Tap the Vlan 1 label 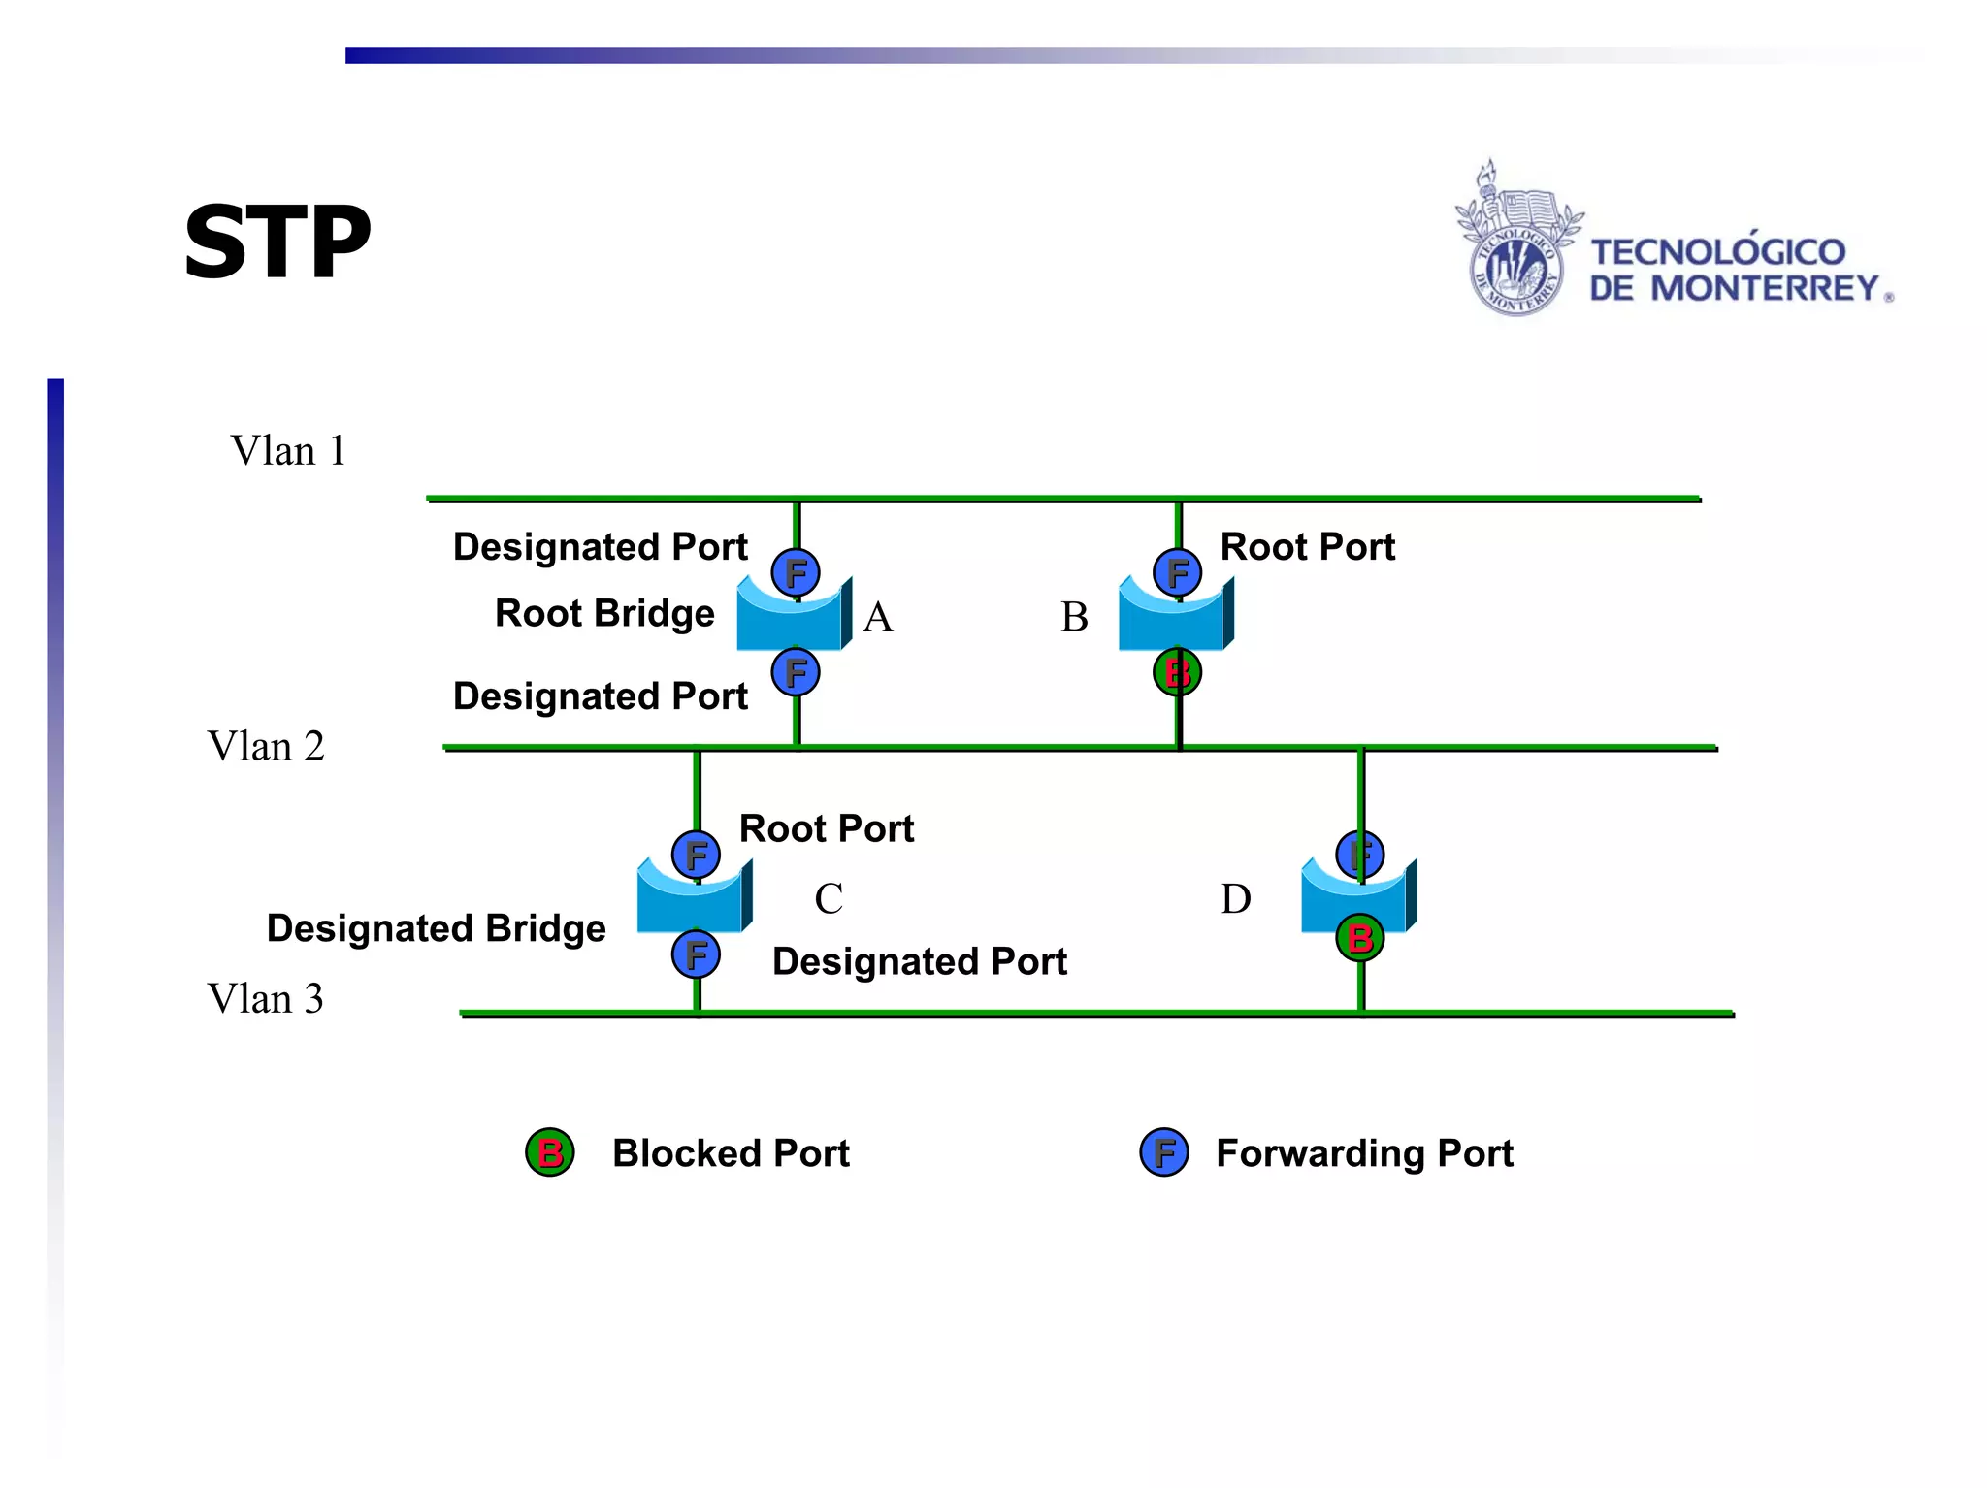click(287, 451)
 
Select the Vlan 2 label click(265, 747)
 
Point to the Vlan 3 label click(265, 999)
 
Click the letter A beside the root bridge click(877, 617)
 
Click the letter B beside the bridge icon click(1074, 617)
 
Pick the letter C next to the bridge click(828, 899)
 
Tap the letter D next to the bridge click(1235, 899)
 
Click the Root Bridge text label click(604, 614)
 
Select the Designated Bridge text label click(436, 928)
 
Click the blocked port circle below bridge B click(1177, 672)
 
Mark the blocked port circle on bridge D click(1359, 938)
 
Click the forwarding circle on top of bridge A click(796, 572)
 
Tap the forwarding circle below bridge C click(696, 954)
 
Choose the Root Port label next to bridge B click(1307, 547)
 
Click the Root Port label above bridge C click(827, 829)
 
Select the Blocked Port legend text click(731, 1153)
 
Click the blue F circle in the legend click(1164, 1152)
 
